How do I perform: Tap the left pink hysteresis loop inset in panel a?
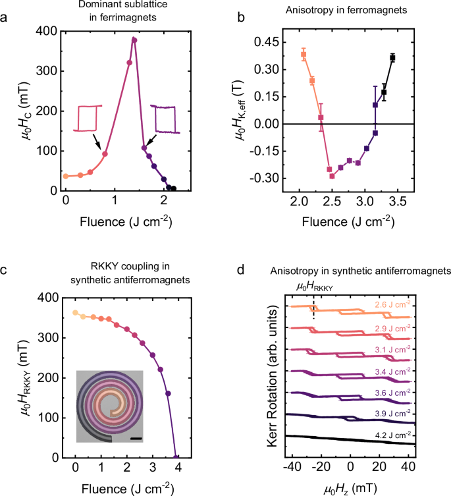(88, 119)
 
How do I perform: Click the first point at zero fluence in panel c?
(75, 313)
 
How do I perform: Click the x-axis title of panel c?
(126, 487)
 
